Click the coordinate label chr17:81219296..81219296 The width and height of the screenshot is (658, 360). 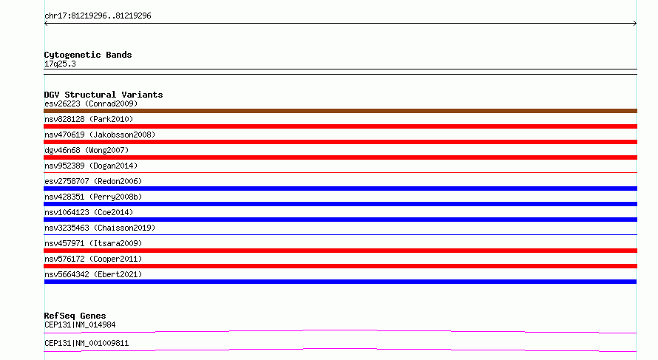click(98, 16)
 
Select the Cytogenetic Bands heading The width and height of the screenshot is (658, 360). click(88, 55)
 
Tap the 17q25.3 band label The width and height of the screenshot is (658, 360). click(60, 64)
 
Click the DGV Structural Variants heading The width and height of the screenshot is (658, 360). click(104, 95)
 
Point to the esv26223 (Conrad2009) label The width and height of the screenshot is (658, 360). click(91, 103)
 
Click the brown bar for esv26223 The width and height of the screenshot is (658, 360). click(340, 111)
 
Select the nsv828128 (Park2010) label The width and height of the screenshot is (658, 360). click(89, 119)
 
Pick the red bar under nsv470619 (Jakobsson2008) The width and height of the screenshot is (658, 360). click(340, 142)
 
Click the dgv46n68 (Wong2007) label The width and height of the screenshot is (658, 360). click(87, 150)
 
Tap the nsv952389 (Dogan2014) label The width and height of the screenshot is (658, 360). click(91, 166)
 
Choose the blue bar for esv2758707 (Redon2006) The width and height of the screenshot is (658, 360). click(340, 189)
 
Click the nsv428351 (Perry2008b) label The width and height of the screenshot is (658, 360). click(93, 197)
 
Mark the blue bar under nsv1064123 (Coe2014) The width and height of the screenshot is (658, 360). click(340, 220)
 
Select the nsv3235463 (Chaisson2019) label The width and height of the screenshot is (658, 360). click(100, 228)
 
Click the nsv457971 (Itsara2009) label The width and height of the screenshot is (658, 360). click(93, 243)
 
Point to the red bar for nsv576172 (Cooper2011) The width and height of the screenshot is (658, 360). click(340, 266)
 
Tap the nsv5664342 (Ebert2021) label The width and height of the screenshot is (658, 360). click(93, 274)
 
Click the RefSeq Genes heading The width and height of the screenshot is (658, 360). click(75, 316)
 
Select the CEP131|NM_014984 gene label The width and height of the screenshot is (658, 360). click(80, 325)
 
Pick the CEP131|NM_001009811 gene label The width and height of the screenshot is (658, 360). click(87, 343)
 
